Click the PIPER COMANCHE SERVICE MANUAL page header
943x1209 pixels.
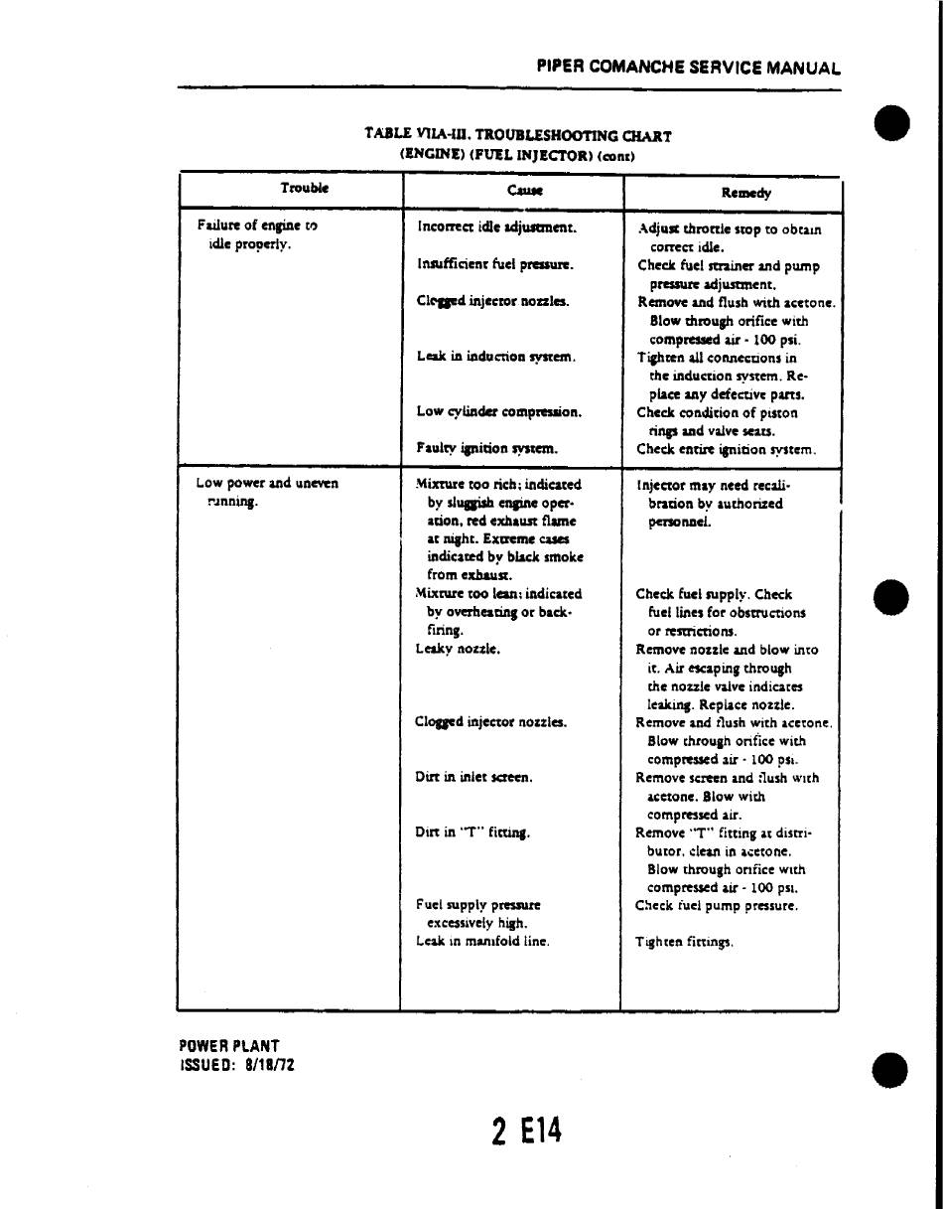click(688, 69)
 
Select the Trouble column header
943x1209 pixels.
click(305, 188)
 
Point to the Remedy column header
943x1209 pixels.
click(746, 193)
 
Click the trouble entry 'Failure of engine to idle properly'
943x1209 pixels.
click(257, 234)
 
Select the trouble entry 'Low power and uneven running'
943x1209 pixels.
click(266, 492)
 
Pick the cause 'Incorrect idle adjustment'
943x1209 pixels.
click(497, 227)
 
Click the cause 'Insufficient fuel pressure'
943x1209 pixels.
click(495, 264)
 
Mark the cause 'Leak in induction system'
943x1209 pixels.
click(496, 356)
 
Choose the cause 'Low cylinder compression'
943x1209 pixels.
click(498, 411)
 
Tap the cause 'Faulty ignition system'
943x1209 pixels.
click(486, 448)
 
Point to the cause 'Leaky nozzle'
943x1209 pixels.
click(458, 649)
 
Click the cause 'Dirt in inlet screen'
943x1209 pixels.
click(473, 777)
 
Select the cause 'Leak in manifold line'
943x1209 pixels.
click(482, 941)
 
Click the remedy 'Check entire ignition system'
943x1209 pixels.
click(727, 449)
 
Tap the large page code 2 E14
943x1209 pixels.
click(526, 1132)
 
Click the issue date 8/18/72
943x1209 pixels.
click(265, 1065)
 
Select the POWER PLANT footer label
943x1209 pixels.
click(229, 1046)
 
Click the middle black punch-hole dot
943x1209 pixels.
click(890, 598)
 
